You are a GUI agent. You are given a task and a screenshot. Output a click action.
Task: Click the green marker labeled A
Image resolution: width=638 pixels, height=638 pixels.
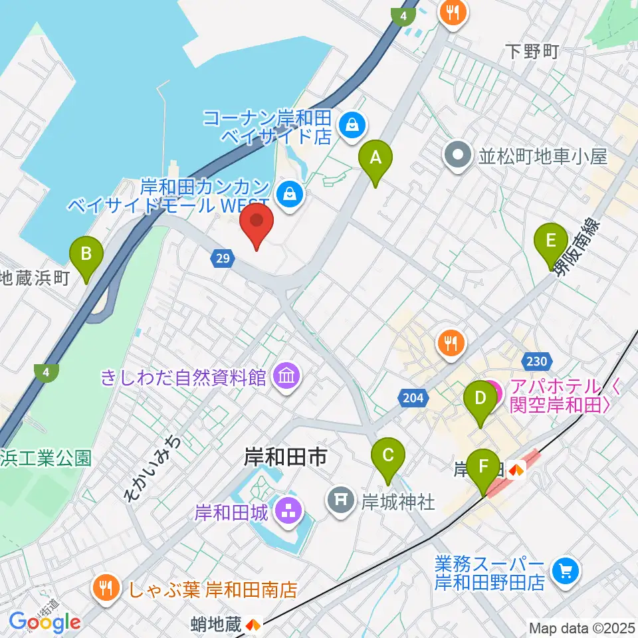[375, 160]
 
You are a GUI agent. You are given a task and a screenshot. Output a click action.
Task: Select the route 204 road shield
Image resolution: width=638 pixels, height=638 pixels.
[411, 397]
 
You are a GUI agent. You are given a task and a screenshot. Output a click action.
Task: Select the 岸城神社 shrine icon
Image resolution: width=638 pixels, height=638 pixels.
[342, 500]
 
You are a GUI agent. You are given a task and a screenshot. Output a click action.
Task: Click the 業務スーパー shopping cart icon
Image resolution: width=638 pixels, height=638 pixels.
[566, 570]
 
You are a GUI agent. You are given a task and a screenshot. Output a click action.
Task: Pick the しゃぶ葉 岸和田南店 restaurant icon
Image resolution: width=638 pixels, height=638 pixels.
[106, 588]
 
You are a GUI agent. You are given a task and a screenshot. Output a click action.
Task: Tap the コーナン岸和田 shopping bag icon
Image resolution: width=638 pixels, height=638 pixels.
[350, 124]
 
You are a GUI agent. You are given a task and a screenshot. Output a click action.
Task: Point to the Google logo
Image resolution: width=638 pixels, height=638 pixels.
[45, 623]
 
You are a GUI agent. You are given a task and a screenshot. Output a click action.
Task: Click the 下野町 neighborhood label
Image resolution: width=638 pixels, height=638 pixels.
[532, 52]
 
